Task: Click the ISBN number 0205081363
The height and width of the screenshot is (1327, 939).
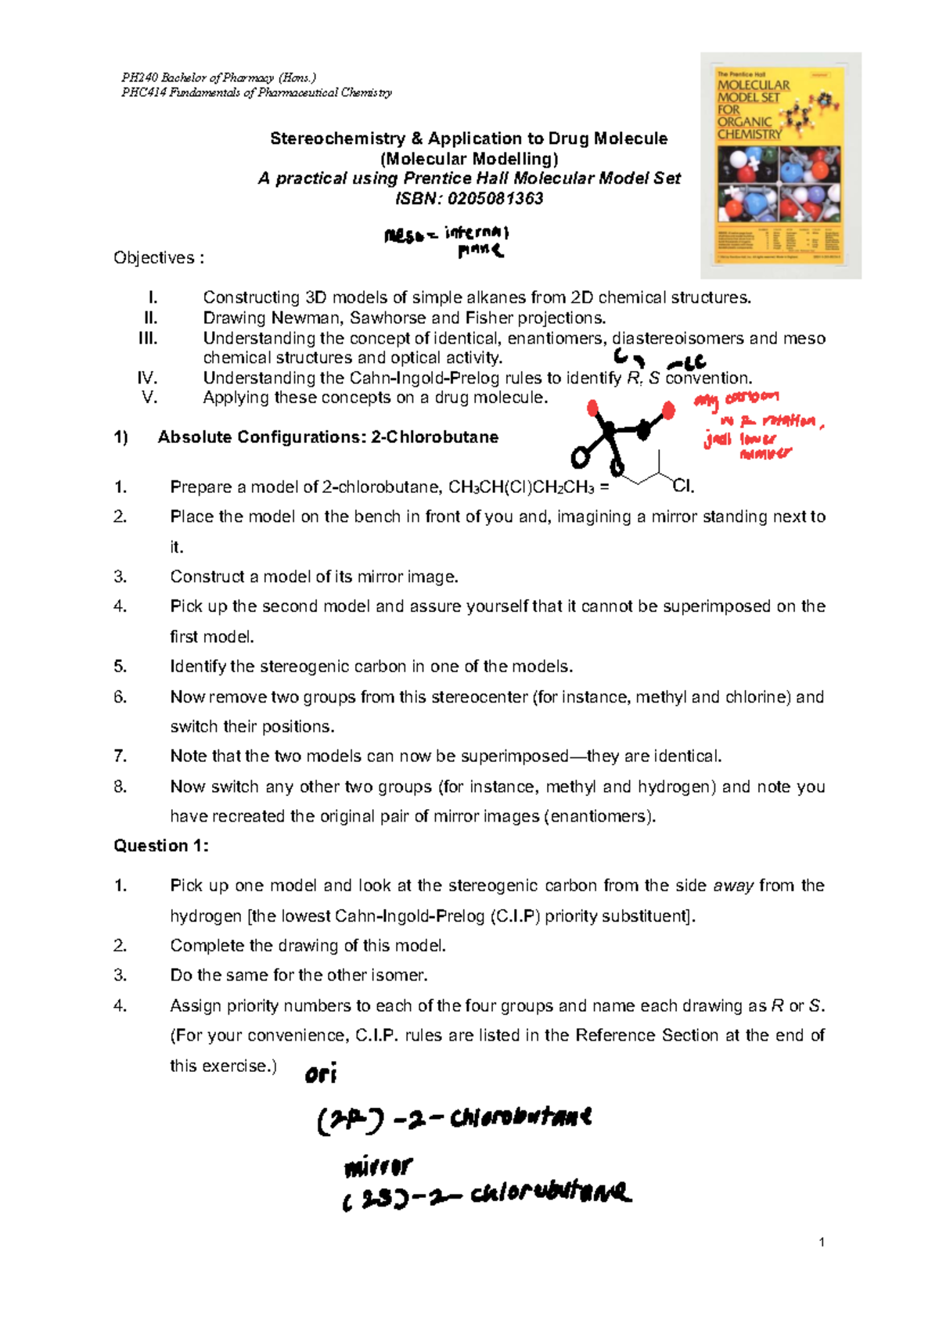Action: click(x=495, y=199)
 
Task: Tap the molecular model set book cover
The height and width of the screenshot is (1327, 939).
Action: click(x=780, y=166)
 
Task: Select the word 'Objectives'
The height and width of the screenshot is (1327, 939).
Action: click(x=153, y=258)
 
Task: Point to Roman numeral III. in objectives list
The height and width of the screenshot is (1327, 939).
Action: click(x=148, y=338)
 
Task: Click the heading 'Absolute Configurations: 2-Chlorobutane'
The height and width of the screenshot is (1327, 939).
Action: click(x=328, y=437)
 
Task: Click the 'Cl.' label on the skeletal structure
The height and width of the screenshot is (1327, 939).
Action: click(x=683, y=487)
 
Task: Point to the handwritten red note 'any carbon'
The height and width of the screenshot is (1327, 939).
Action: click(x=736, y=399)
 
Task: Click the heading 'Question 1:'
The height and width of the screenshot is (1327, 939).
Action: click(x=161, y=846)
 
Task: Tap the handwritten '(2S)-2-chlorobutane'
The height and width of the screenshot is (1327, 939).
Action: click(x=485, y=1195)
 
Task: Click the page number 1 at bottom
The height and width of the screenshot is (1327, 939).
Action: click(x=821, y=1242)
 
